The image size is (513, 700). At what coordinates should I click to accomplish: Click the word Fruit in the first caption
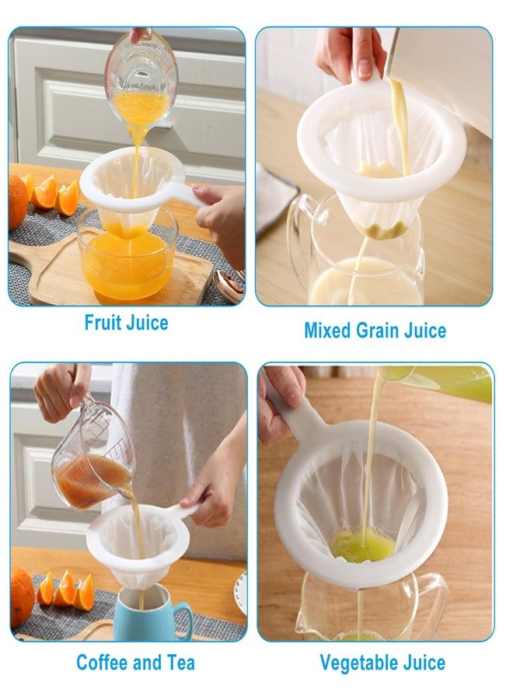pyautogui.click(x=102, y=322)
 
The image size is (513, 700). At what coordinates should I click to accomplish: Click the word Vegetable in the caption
pyautogui.click(x=358, y=663)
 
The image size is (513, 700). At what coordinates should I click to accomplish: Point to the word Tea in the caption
pyautogui.click(x=180, y=663)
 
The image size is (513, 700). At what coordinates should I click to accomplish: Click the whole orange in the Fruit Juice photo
pyautogui.click(x=17, y=201)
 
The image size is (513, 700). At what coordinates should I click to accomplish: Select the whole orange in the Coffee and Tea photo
pyautogui.click(x=22, y=597)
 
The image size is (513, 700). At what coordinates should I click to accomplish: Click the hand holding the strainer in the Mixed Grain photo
pyautogui.click(x=351, y=54)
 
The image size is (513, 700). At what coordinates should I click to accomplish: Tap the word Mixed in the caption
pyautogui.click(x=327, y=331)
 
